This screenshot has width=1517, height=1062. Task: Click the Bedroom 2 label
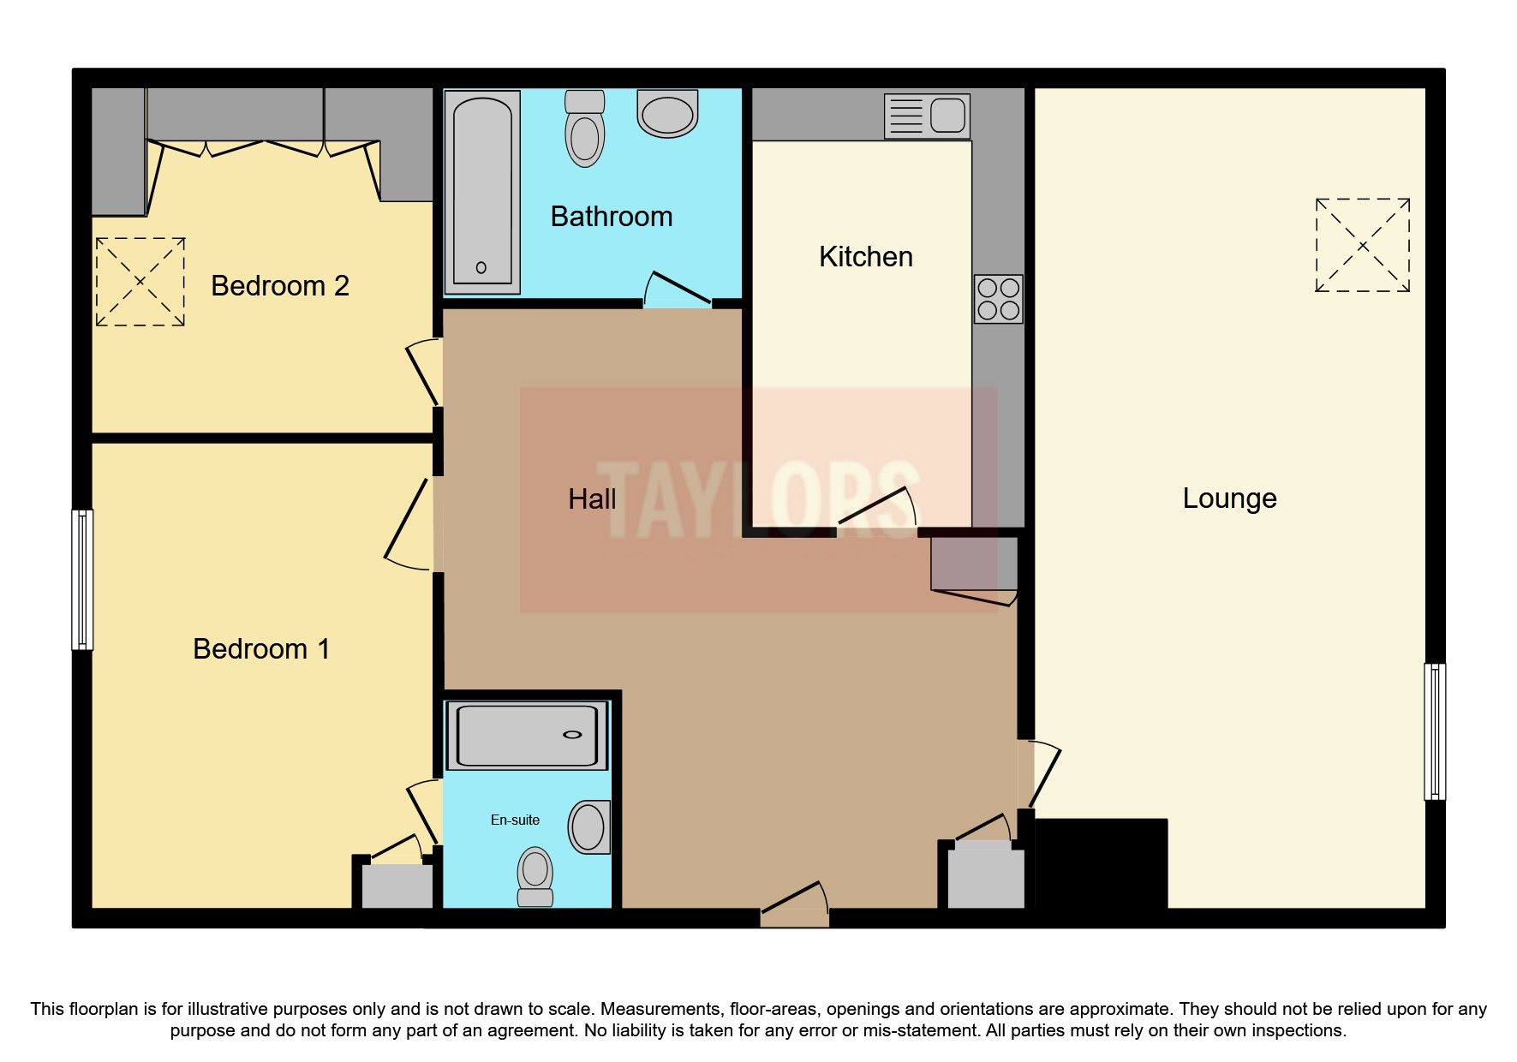(280, 285)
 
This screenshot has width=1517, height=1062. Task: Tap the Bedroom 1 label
(261, 648)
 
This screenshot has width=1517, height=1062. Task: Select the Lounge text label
(1229, 498)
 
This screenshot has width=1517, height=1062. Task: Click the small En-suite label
(515, 820)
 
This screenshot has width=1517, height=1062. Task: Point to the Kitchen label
(865, 256)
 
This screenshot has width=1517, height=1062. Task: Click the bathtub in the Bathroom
(481, 192)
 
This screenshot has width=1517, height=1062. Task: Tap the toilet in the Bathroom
(585, 129)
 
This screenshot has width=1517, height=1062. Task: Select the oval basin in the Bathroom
(667, 115)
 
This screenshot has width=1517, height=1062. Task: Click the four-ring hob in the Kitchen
(998, 299)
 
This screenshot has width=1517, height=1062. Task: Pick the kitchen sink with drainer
(928, 116)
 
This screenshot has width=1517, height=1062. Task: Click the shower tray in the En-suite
(527, 735)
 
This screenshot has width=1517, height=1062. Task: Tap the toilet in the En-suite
(535, 876)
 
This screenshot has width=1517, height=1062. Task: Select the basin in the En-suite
(589, 827)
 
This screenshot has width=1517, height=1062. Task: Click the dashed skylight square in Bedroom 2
(140, 281)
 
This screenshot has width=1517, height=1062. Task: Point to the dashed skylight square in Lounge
(1362, 245)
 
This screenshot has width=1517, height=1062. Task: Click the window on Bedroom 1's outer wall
(82, 580)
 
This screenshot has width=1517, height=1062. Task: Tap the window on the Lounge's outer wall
(1434, 731)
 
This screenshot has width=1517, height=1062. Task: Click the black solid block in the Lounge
(1101, 862)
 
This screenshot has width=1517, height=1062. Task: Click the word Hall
(592, 499)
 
